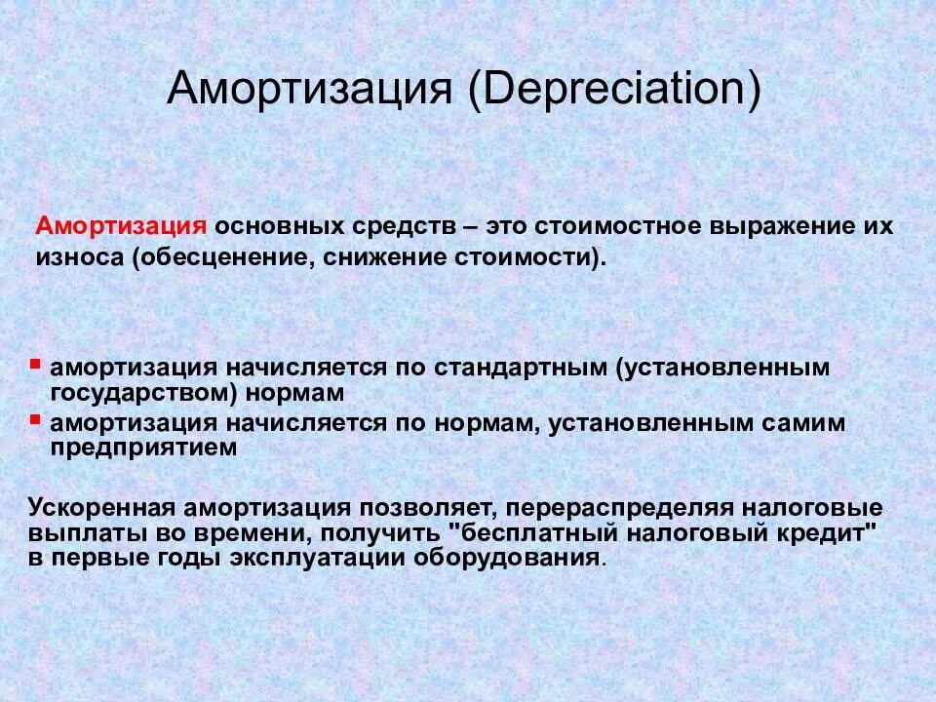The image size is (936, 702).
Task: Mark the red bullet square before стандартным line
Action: click(x=36, y=362)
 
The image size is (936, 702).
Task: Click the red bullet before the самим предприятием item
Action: click(x=36, y=417)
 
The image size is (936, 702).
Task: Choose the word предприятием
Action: click(x=144, y=448)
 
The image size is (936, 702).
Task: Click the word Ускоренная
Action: click(x=101, y=508)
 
